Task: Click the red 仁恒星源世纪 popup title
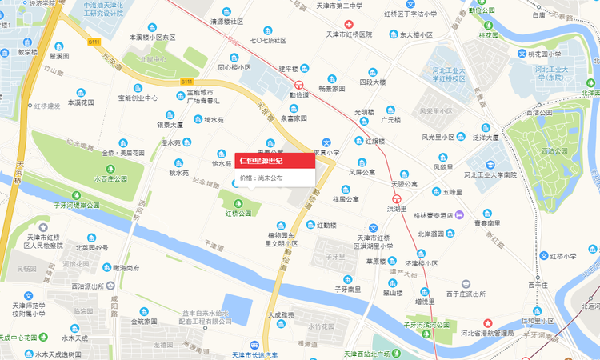pos(261,161)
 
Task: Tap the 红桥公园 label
pos(238,214)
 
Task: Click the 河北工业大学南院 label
pos(490,174)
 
